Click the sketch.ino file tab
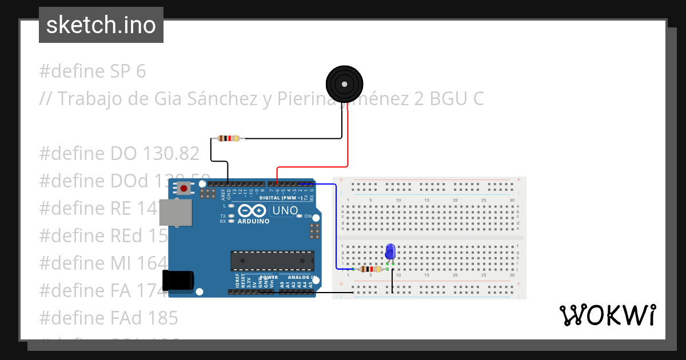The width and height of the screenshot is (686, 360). click(x=101, y=25)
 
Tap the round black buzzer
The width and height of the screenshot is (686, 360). click(x=344, y=84)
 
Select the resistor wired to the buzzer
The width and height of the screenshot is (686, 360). click(x=229, y=138)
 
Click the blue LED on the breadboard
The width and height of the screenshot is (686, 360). click(x=390, y=251)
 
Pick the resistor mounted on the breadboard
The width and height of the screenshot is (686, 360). click(x=371, y=269)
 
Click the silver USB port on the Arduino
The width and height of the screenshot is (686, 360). click(x=176, y=214)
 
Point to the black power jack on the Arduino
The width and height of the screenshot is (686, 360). click(x=178, y=281)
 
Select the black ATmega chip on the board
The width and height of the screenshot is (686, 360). click(x=272, y=261)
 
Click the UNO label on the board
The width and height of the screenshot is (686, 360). click(x=285, y=210)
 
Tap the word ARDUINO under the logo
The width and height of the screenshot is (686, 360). click(x=253, y=221)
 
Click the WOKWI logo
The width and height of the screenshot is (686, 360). click(x=607, y=315)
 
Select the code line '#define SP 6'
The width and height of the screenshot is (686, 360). click(x=93, y=71)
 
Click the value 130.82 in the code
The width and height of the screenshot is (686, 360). click(x=171, y=154)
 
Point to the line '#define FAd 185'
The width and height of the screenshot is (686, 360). click(x=109, y=317)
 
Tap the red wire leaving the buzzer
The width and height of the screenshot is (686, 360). click(x=348, y=137)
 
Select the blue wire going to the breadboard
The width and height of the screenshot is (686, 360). click(x=335, y=229)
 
